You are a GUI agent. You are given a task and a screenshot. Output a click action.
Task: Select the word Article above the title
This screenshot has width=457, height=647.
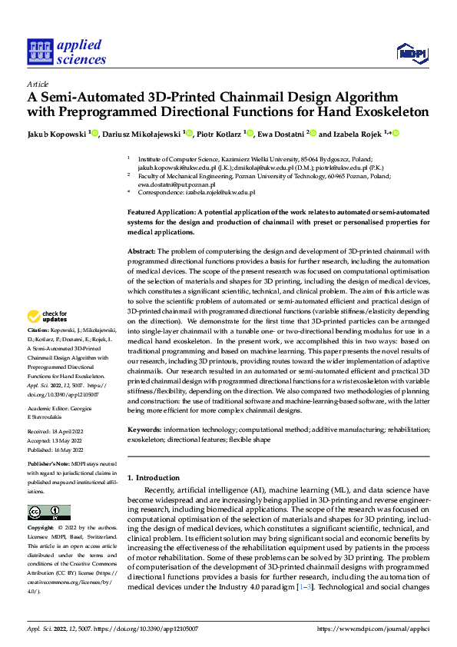(38, 84)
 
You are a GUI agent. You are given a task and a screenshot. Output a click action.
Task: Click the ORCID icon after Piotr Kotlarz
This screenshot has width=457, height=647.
(249, 133)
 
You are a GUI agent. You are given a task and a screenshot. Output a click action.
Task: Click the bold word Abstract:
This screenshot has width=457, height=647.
(141, 251)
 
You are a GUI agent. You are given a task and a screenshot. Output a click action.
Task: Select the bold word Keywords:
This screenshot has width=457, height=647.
(144, 429)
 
